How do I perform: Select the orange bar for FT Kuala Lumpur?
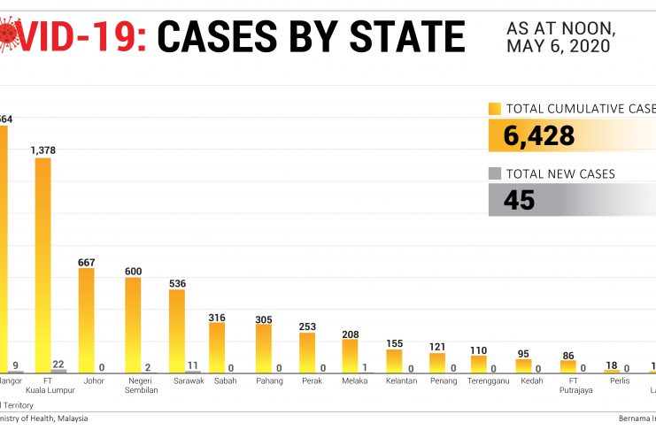click(42, 265)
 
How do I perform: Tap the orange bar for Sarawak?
click(176, 331)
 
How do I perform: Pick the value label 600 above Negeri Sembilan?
click(133, 271)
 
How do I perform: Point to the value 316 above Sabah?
click(217, 317)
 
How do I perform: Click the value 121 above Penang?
click(436, 346)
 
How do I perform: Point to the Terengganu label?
click(487, 380)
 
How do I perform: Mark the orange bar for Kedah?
click(523, 365)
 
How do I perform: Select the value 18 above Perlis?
click(610, 365)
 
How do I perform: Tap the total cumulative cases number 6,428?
click(539, 135)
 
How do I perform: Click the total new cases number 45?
click(520, 200)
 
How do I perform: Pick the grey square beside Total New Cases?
click(495, 173)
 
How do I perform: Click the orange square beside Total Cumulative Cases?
click(495, 109)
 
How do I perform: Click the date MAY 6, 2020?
click(559, 46)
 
